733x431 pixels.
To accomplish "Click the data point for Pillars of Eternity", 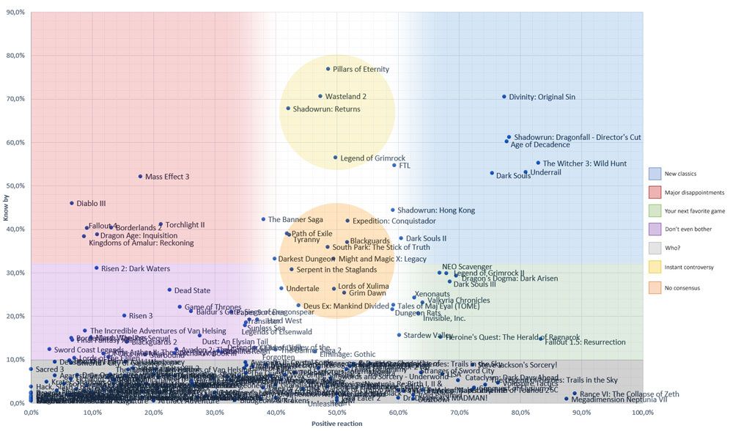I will tap(328, 69).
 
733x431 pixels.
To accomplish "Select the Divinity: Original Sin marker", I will tap(504, 97).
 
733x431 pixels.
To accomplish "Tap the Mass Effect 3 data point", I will tap(140, 177).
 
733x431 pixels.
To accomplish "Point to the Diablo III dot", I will tap(72, 203).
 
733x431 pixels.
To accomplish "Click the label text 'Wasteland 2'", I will tap(345, 96).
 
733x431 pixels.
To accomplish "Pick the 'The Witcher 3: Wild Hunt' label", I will tap(585, 163).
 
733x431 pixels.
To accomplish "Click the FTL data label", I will tap(404, 165).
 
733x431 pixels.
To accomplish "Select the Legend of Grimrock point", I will tap(336, 158).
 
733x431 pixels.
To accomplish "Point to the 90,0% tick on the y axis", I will tap(15, 12).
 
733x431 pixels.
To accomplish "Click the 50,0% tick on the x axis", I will tap(336, 413).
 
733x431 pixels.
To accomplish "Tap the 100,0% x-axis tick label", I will tap(642, 413).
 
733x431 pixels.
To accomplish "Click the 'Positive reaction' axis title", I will tap(336, 424).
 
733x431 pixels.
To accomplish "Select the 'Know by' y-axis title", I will tap(6, 208).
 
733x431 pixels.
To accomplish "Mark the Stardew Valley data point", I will tap(399, 335).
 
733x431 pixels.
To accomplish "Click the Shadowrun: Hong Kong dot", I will tap(393, 210).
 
